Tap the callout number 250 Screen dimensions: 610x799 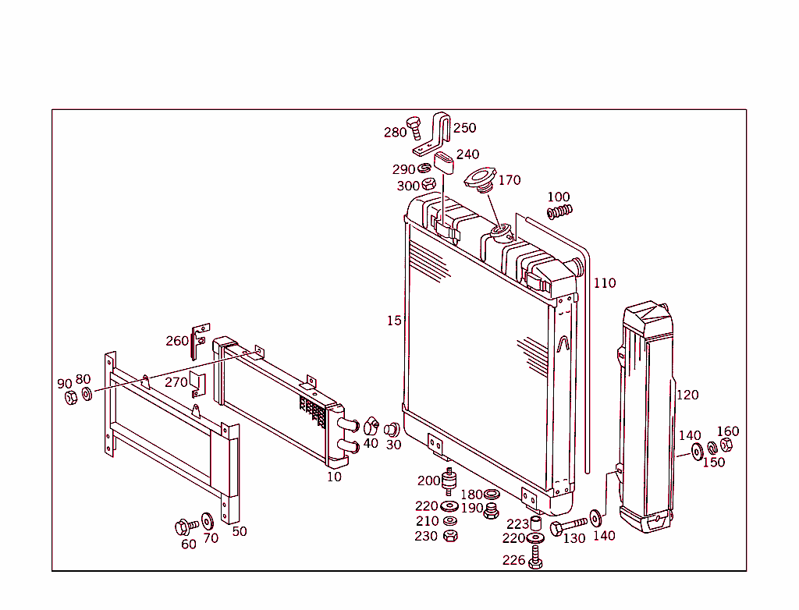(464, 128)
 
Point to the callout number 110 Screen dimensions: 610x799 (604, 283)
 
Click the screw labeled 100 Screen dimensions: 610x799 (559, 211)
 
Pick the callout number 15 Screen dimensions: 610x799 (394, 321)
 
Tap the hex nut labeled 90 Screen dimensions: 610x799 (70, 397)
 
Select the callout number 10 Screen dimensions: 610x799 (334, 477)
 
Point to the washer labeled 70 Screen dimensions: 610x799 (208, 520)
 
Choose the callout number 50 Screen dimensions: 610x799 (240, 531)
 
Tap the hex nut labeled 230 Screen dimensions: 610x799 (449, 536)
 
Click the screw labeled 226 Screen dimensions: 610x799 (535, 557)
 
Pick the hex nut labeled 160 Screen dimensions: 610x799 (725, 445)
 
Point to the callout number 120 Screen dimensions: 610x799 (687, 395)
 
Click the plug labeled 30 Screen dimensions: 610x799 (391, 428)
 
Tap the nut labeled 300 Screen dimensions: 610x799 (428, 185)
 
